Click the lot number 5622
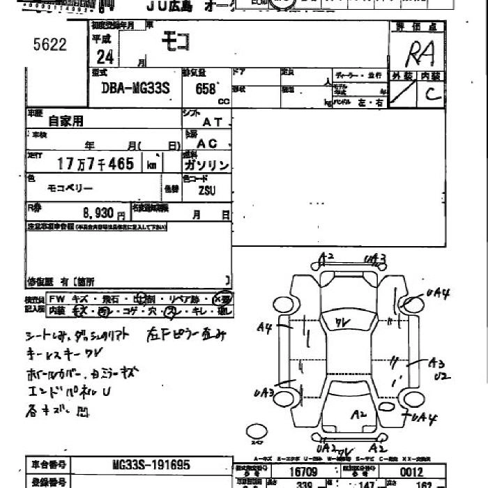pos(49,45)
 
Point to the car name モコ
pos(175,43)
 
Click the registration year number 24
pos(105,56)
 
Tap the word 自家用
pos(66,121)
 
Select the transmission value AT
pos(211,121)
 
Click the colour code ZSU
pos(207,189)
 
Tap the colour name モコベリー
pos(70,188)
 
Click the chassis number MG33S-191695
pos(151,465)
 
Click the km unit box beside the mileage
pos(151,165)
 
